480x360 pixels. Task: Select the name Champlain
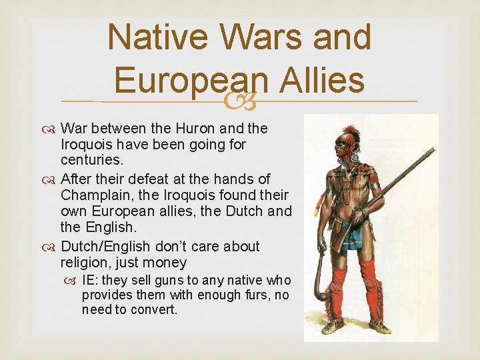point(93,195)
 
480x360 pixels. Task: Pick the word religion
point(85,262)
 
